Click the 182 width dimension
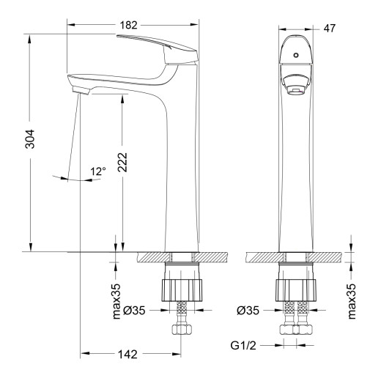[129, 25]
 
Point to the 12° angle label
[97, 171]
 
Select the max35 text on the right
[351, 300]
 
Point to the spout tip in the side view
[79, 88]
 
